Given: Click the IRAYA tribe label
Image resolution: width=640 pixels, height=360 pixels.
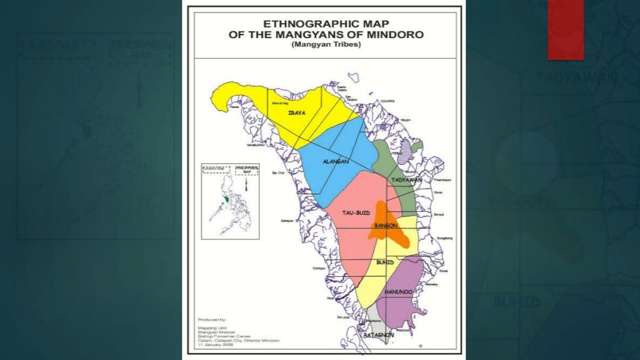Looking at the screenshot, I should [296, 113].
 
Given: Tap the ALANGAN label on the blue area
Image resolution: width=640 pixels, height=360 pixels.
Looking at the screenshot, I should [334, 161].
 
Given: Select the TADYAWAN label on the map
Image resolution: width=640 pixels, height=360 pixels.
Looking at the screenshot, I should [406, 180].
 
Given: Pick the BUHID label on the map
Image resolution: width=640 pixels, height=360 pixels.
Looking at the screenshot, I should [385, 262].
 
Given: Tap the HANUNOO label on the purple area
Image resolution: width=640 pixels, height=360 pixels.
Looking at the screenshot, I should [398, 292].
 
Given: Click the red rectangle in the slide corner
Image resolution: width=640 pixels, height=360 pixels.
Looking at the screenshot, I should [565, 29].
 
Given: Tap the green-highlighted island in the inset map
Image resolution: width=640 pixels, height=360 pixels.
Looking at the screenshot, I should [226, 199].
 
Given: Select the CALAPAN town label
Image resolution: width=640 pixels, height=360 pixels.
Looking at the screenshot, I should [387, 101].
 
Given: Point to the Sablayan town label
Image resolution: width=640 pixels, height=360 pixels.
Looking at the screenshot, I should [288, 221].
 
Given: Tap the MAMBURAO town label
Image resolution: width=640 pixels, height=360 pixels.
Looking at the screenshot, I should [256, 145].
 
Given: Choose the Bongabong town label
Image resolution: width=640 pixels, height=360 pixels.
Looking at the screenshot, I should [444, 238].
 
